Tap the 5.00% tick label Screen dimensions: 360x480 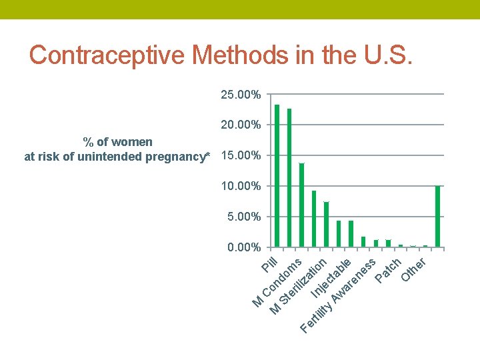[244, 217]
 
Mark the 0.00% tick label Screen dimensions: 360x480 [244, 247]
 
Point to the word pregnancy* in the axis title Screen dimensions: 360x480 [177, 157]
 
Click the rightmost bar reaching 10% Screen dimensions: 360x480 [437, 217]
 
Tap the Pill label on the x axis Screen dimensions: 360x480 [269, 265]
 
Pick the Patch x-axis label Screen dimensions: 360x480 [388, 268]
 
